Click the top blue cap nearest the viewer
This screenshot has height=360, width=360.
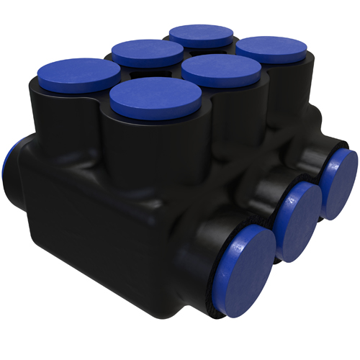coord(155,95)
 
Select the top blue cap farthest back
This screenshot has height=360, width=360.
coord(202,35)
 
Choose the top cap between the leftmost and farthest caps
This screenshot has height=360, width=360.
coord(148,52)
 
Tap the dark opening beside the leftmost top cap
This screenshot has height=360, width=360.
coord(131,73)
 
